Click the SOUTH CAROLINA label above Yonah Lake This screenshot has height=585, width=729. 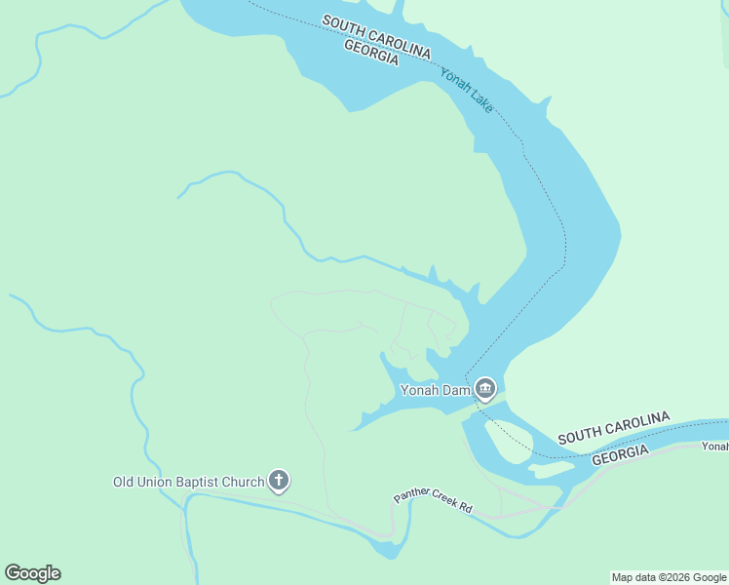[x=376, y=35]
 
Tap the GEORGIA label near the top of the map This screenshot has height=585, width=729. [x=371, y=52]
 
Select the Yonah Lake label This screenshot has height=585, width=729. [x=467, y=90]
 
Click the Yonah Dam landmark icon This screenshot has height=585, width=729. [x=485, y=390]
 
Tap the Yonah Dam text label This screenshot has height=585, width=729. [x=436, y=390]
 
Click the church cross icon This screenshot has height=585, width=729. [x=279, y=481]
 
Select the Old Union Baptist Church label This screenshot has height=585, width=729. [x=188, y=482]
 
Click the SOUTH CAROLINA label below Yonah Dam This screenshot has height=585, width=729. [x=614, y=429]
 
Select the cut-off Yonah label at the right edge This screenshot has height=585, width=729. [x=714, y=447]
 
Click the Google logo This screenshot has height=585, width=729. [x=32, y=573]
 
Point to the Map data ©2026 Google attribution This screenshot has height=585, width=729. [x=669, y=577]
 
